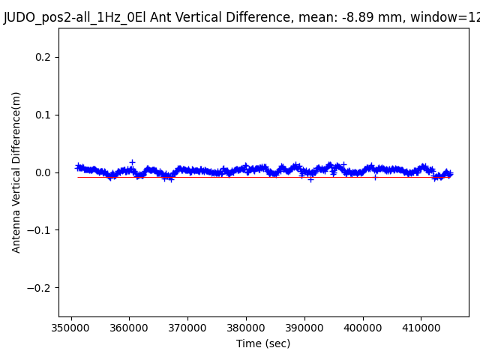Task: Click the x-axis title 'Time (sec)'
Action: click(x=263, y=343)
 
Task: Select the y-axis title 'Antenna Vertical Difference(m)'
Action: click(x=16, y=172)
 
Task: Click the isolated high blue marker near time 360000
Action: click(x=132, y=162)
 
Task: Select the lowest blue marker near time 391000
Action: click(x=310, y=179)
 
